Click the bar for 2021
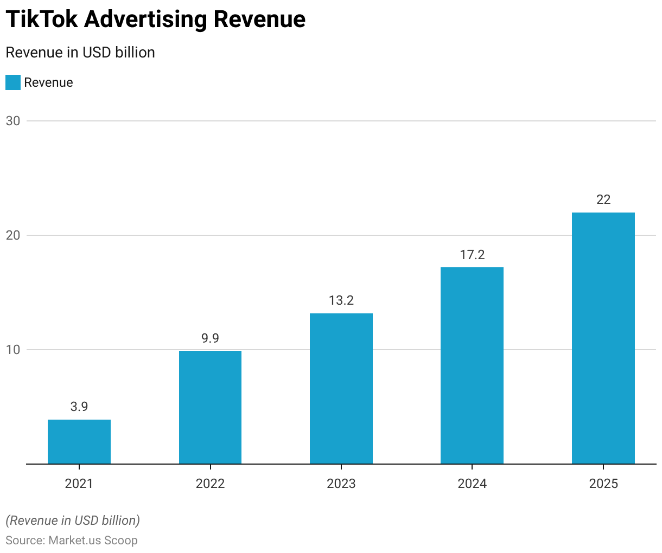point(79,442)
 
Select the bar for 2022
point(210,407)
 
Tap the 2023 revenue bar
point(341,388)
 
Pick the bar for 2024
point(472,365)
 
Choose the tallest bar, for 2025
point(603,338)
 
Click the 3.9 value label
point(79,407)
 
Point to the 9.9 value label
point(210,338)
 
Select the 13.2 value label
point(341,300)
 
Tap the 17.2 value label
point(472,254)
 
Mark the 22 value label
point(603,200)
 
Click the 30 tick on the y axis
point(13,121)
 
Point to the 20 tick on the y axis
point(13,235)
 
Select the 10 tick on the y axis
point(13,350)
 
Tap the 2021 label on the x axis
point(79,483)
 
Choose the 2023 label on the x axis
point(341,483)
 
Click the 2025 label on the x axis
point(603,483)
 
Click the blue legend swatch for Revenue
point(13,82)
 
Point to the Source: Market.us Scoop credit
point(72,540)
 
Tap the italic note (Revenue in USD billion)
point(73,520)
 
